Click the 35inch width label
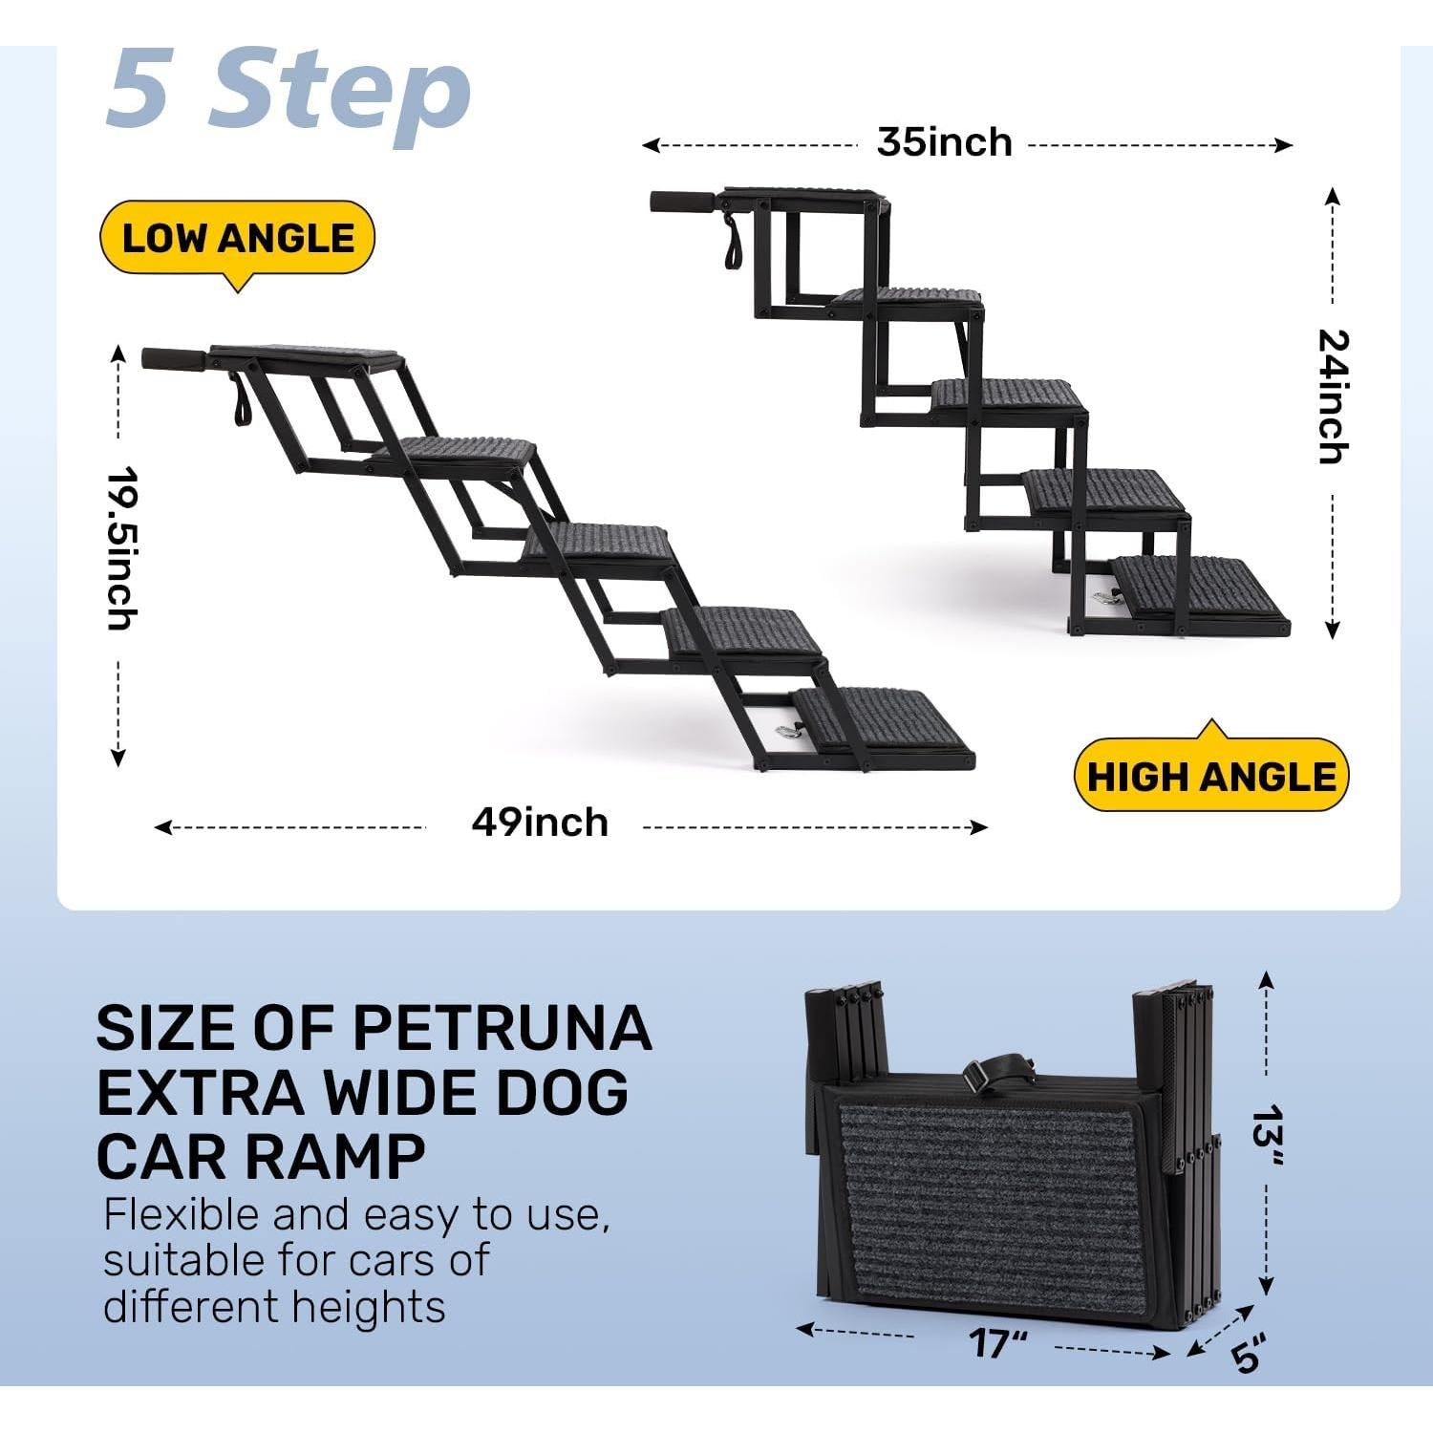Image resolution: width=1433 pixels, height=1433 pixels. pyautogui.click(x=944, y=143)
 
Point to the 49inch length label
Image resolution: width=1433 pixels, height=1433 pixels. pyautogui.click(x=540, y=823)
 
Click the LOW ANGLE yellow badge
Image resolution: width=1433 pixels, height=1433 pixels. pyautogui.click(x=237, y=238)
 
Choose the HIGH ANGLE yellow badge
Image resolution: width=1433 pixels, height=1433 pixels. pyautogui.click(x=1210, y=776)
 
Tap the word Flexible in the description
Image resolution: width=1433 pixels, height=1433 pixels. pyautogui.click(x=181, y=1215)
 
